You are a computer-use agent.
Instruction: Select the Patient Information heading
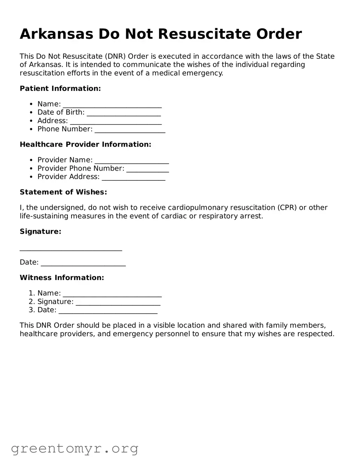point(60,89)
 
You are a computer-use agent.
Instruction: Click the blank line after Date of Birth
point(124,113)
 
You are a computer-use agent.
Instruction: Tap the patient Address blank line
point(116,122)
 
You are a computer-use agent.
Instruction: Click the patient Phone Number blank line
point(130,130)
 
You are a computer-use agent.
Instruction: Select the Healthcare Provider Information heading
point(85,144)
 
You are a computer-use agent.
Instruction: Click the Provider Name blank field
point(132,160)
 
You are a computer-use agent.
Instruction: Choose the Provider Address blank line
point(133,177)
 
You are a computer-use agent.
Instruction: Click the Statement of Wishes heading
point(63,192)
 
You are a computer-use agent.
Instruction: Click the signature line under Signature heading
point(71,249)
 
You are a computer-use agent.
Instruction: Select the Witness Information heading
point(62,278)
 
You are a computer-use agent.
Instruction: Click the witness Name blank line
point(112,294)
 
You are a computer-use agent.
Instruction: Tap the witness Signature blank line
point(118,302)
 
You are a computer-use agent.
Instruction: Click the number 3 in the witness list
point(31,310)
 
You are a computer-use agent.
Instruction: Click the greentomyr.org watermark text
point(74,449)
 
